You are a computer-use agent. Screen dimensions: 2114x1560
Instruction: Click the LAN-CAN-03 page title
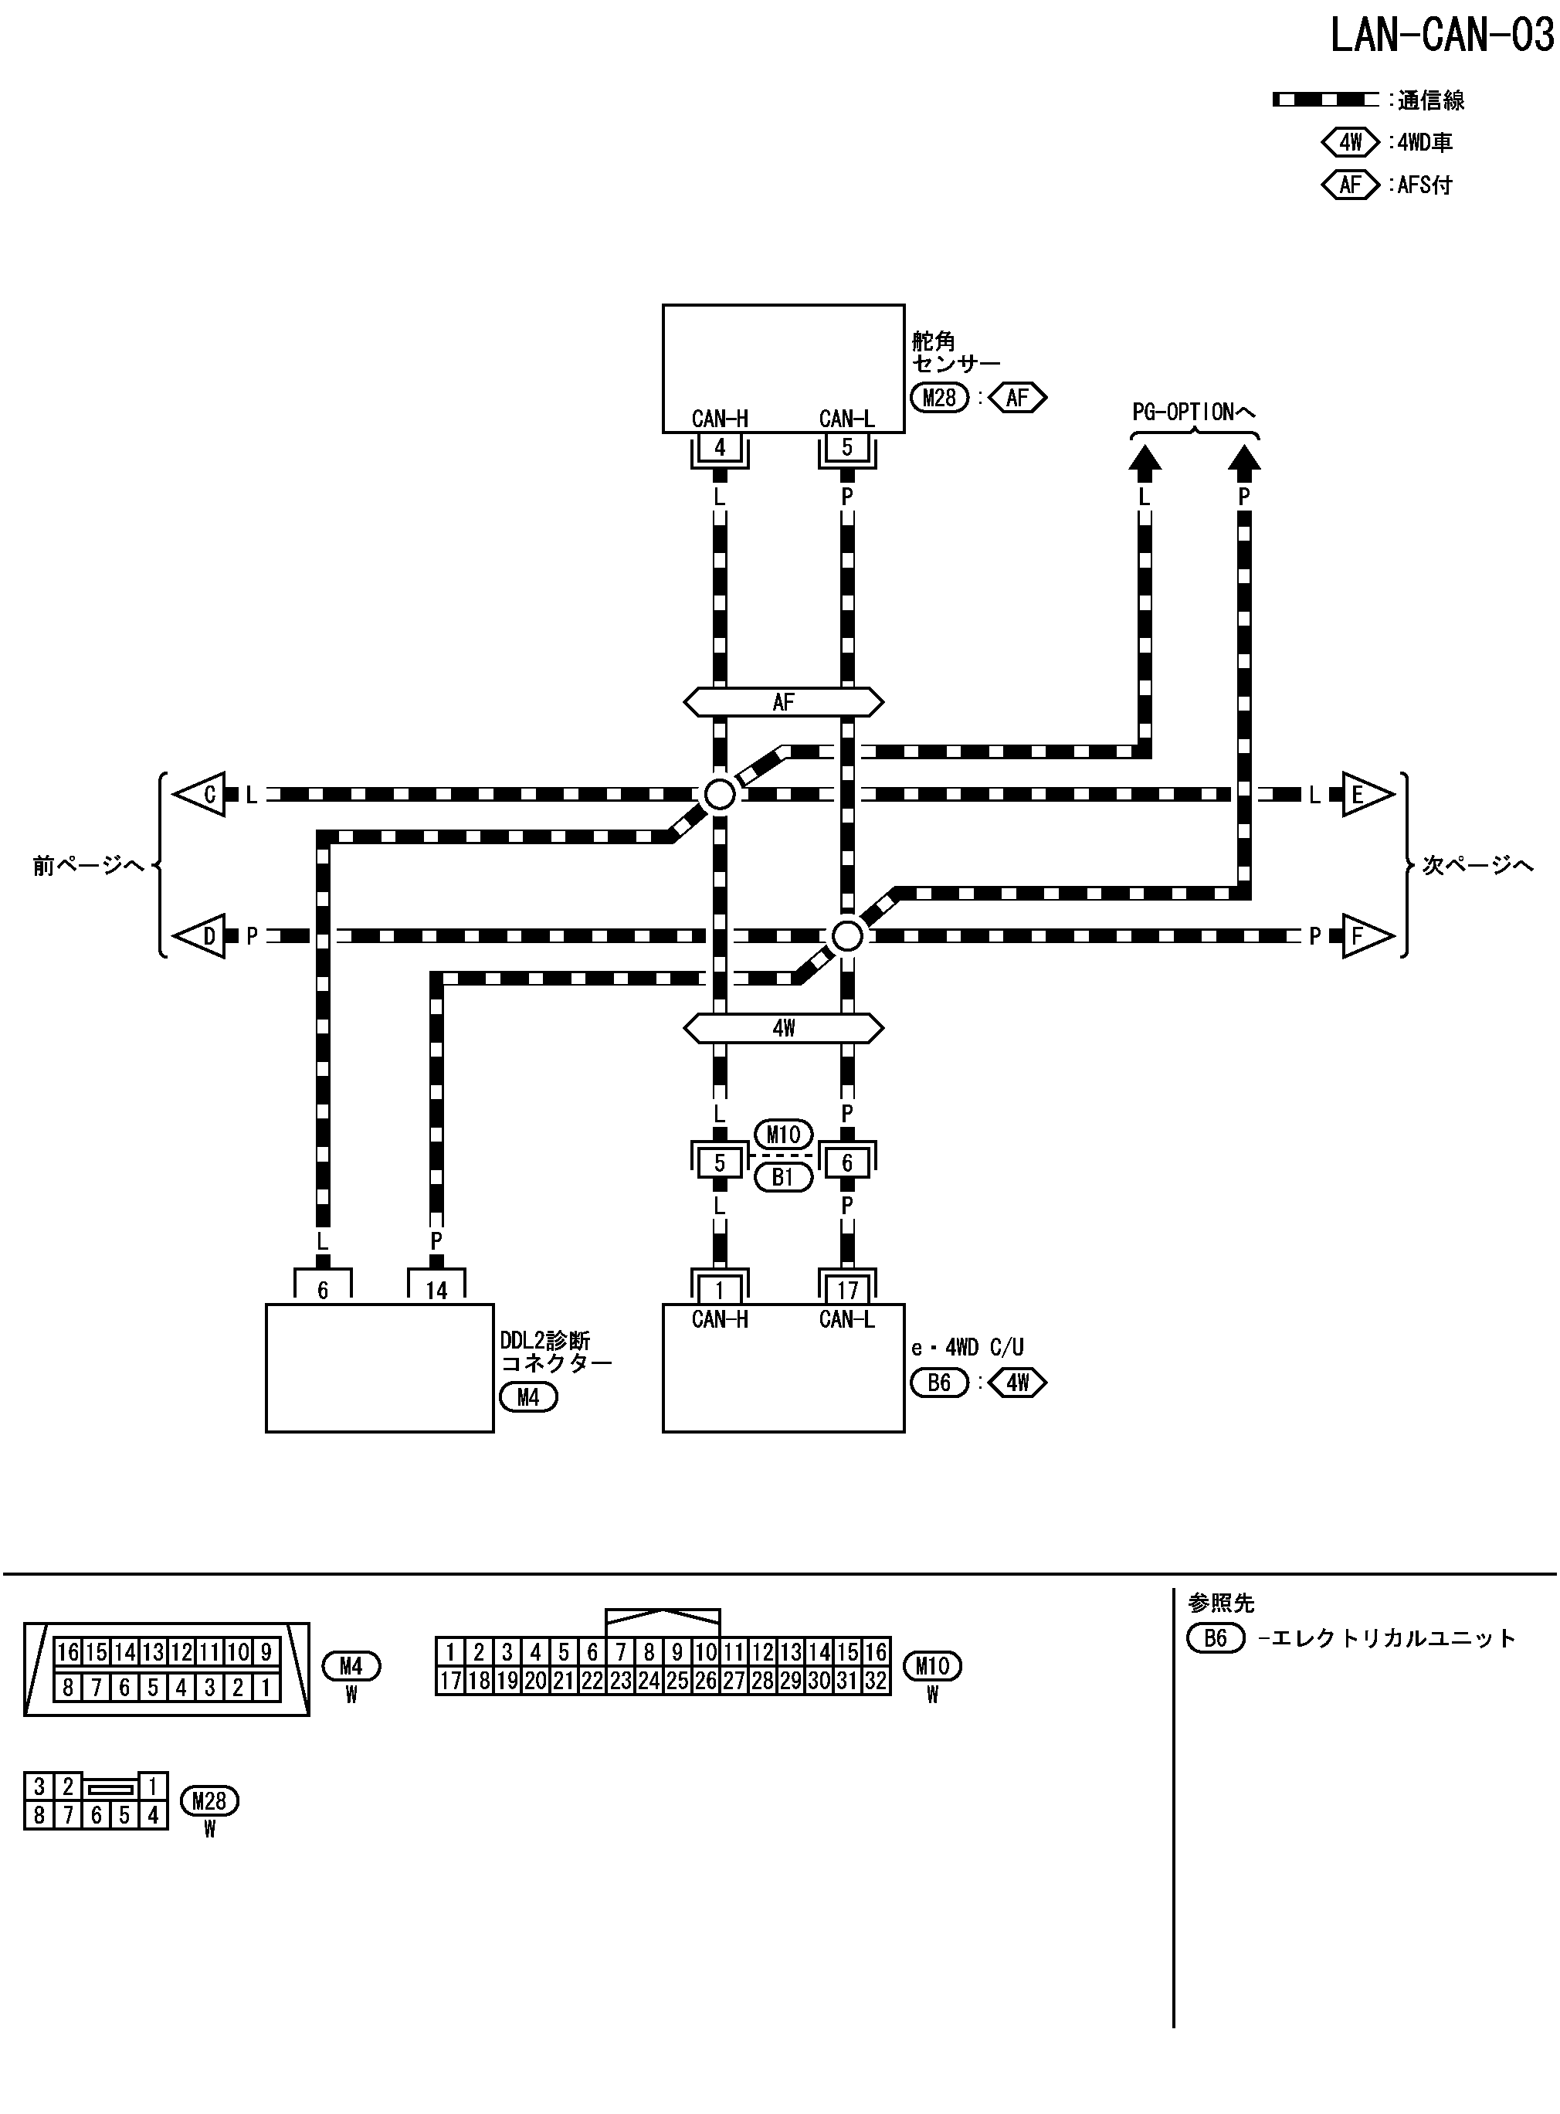tap(1441, 36)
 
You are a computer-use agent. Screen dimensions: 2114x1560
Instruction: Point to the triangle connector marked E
tap(1365, 794)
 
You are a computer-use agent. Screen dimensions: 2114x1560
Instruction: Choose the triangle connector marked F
tap(1365, 935)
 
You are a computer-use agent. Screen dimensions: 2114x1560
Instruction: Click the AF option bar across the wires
tap(783, 701)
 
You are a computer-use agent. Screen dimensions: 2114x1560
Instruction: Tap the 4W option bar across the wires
tap(783, 1027)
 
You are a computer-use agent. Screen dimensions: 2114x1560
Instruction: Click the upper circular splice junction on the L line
tap(720, 794)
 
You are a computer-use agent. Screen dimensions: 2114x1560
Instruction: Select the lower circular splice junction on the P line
tap(847, 935)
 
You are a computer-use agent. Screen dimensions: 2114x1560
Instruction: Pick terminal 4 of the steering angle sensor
tap(720, 447)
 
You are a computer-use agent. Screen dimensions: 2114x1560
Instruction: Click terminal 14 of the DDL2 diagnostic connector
tap(436, 1290)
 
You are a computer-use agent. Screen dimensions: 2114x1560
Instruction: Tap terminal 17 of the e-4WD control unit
tap(847, 1290)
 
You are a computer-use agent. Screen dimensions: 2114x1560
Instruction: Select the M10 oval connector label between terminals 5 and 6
tap(783, 1134)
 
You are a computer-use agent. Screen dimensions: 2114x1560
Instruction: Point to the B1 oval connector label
tap(783, 1177)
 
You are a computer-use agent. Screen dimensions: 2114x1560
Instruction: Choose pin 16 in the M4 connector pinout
tap(68, 1652)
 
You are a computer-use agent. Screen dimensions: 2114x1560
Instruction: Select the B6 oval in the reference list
tap(1216, 1638)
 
